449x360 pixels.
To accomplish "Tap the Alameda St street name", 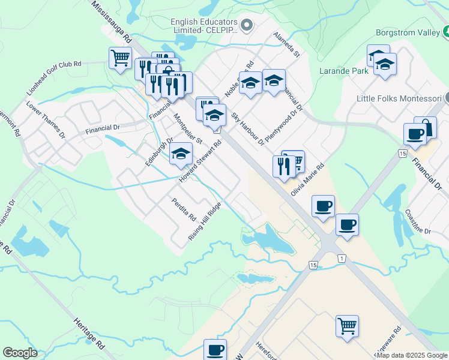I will pos(286,44).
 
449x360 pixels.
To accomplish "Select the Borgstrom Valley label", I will pos(412,32).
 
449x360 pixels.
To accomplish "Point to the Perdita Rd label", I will pos(184,208).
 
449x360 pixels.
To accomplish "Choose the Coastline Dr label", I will pos(418,222).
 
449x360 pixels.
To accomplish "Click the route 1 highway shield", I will pos(342,258).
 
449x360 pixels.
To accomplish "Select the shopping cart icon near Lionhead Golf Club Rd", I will pos(120,58).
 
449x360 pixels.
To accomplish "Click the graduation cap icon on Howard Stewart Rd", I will pos(181,154).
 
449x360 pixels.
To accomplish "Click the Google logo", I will pos(20,353).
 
